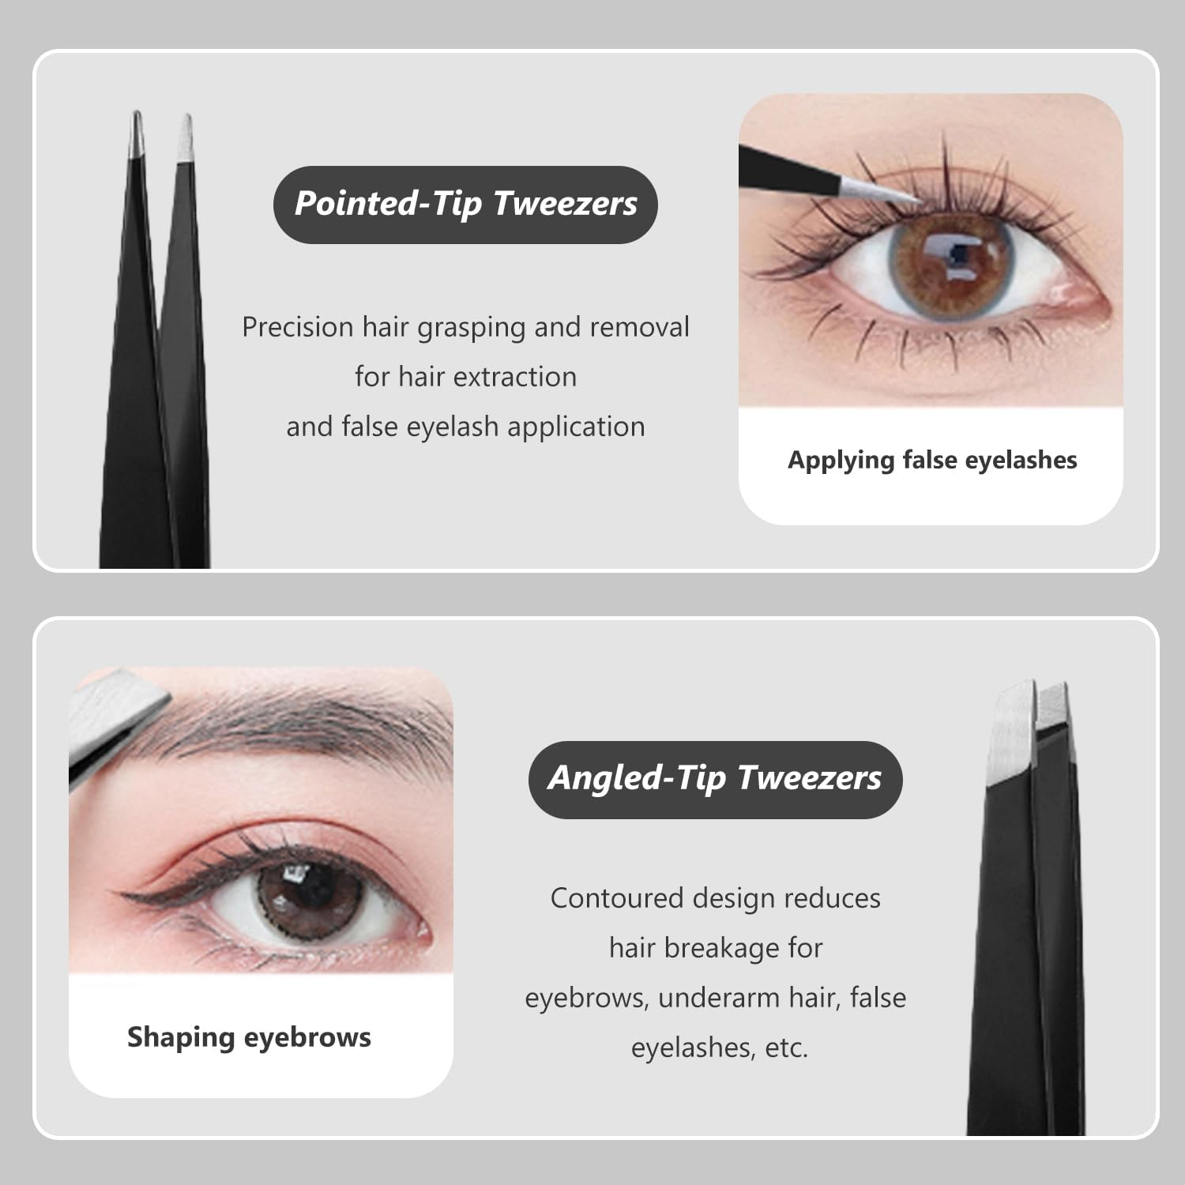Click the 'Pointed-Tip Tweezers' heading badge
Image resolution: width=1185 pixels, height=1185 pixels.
(x=465, y=204)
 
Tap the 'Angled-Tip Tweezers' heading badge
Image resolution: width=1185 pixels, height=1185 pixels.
(x=715, y=778)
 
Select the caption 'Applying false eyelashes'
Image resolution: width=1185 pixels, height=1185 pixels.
(x=932, y=460)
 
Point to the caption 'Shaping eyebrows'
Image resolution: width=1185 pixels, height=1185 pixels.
(x=249, y=1036)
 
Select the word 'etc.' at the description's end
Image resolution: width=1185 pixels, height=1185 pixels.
(x=786, y=1048)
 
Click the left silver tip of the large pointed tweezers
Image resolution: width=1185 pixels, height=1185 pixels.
(x=136, y=133)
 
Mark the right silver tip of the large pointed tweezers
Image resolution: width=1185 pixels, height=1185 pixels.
(x=186, y=138)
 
